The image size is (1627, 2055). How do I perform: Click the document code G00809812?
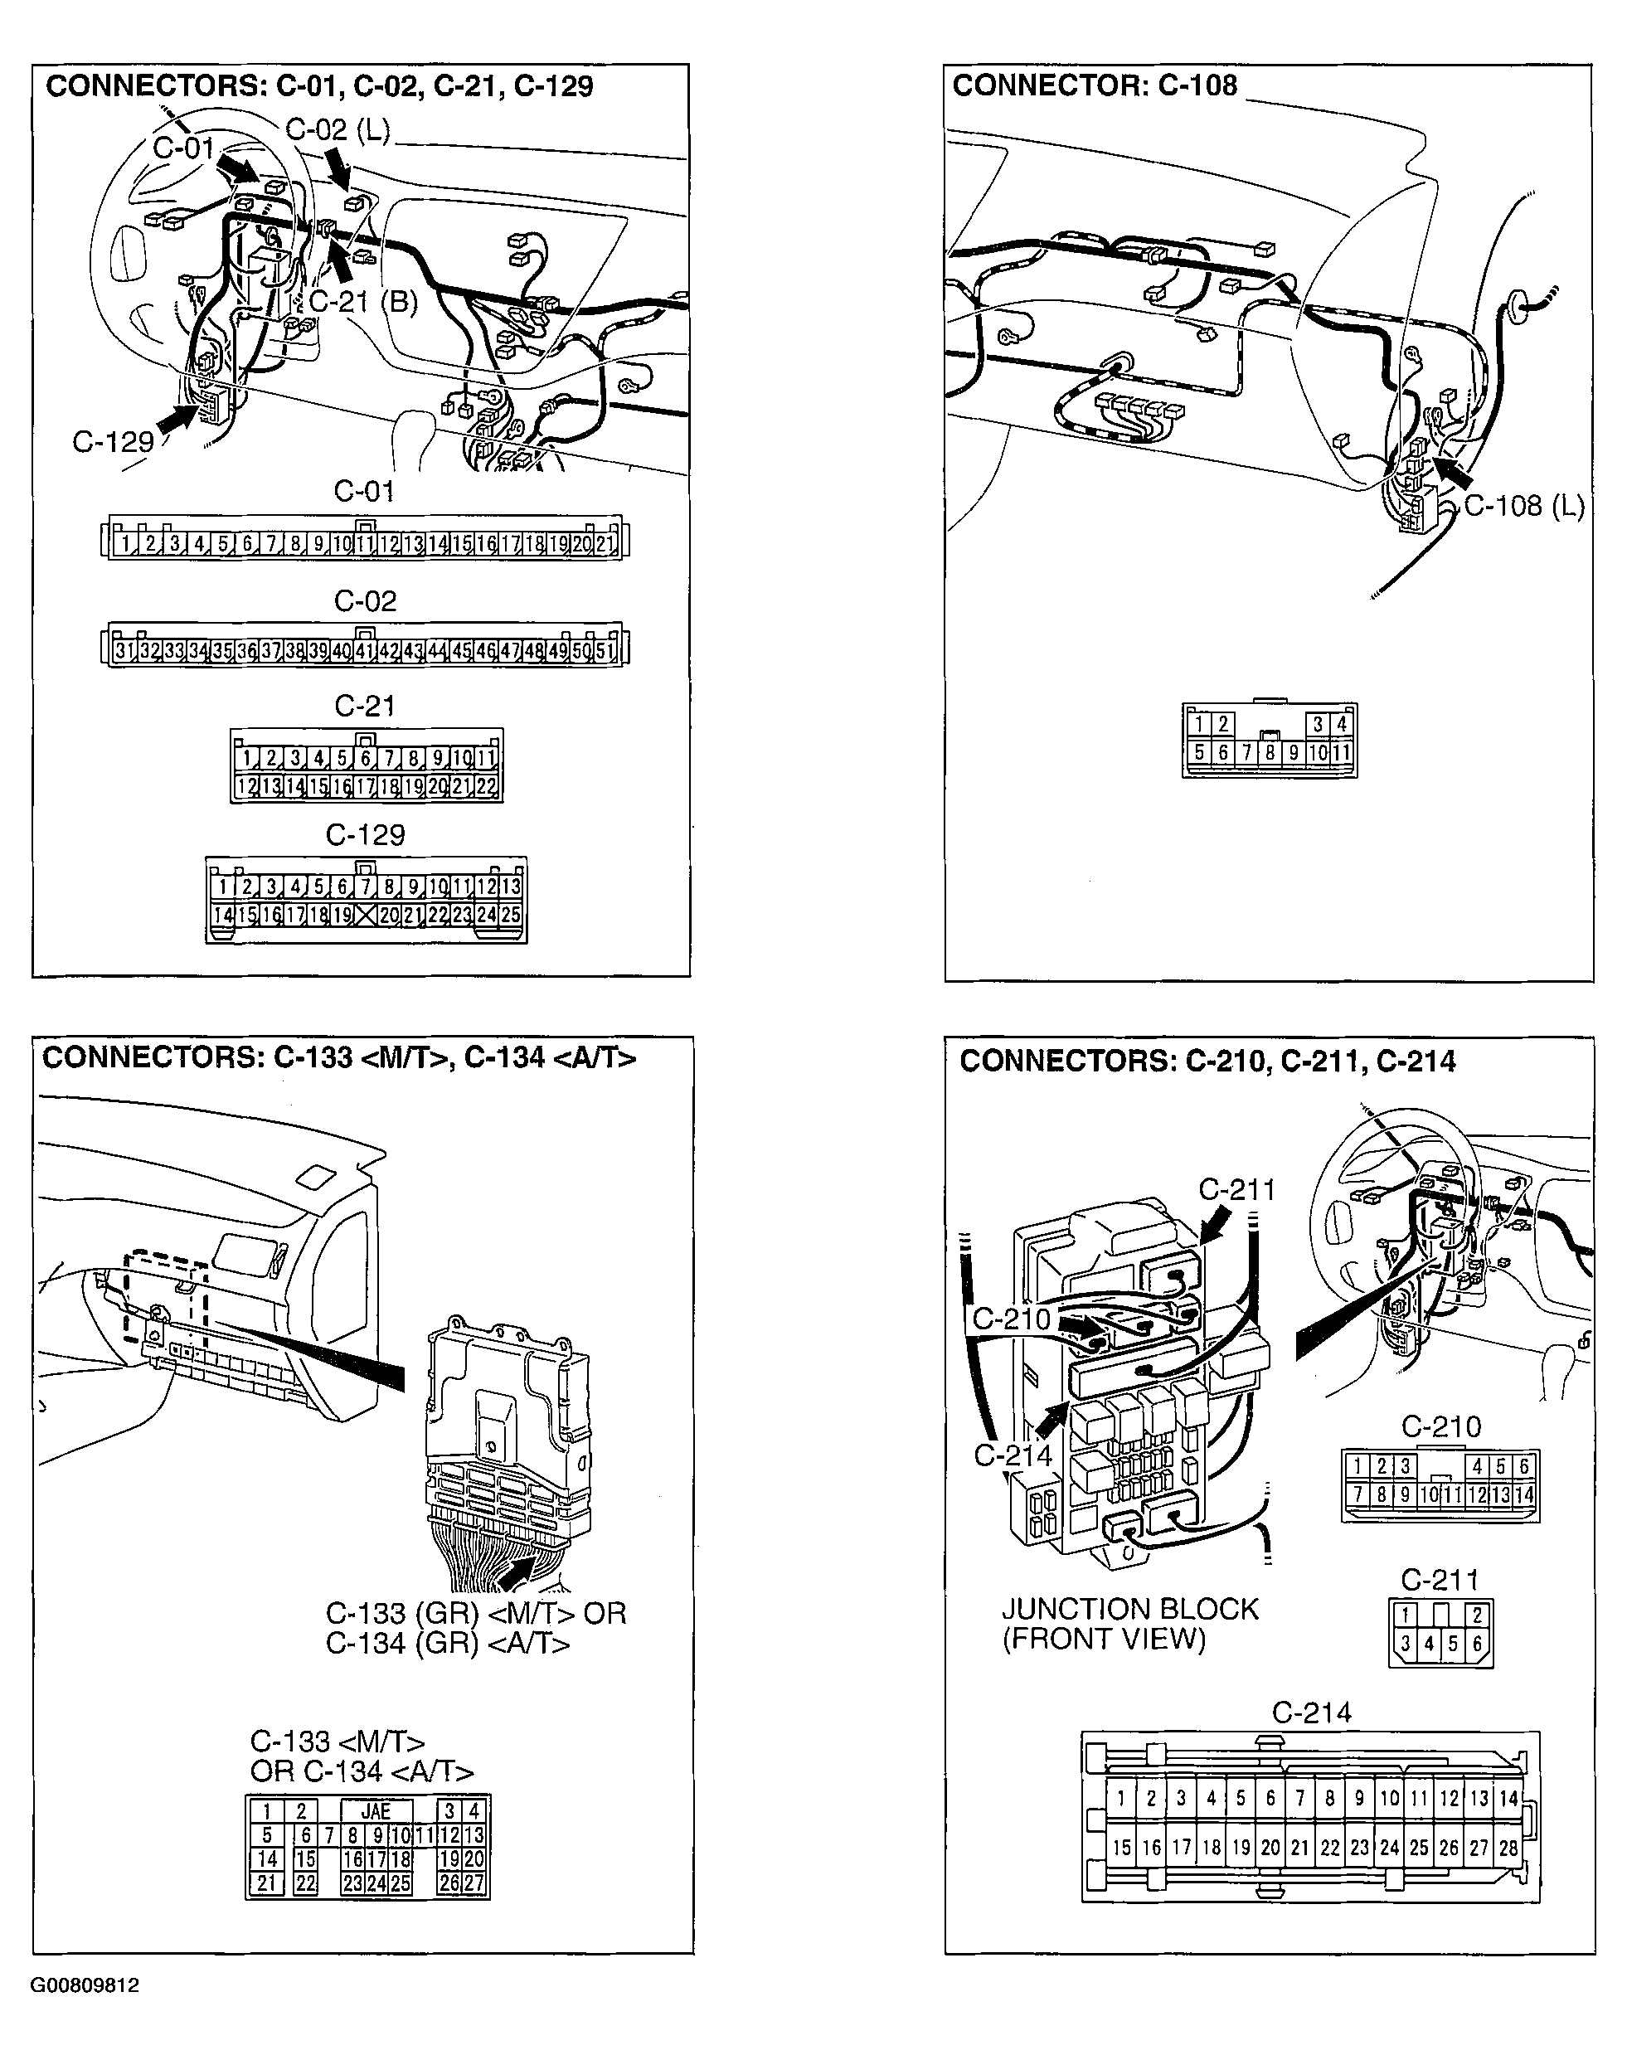pyautogui.click(x=85, y=1985)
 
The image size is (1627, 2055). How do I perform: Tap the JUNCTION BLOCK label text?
pyautogui.click(x=1129, y=1609)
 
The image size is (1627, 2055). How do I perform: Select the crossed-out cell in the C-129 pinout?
pyautogui.click(x=366, y=916)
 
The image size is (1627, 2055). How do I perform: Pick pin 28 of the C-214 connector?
pyautogui.click(x=1508, y=1848)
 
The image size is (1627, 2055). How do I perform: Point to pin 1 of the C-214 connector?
pyautogui.click(x=1121, y=1798)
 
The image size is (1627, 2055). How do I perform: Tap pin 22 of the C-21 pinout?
pyautogui.click(x=486, y=787)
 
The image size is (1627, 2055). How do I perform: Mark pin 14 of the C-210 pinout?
pyautogui.click(x=1524, y=1494)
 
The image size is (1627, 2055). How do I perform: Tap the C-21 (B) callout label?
pyautogui.click(x=364, y=301)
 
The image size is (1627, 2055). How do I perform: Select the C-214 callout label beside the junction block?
pyautogui.click(x=1013, y=1455)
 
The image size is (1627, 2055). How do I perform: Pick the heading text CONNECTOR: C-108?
pyautogui.click(x=1095, y=85)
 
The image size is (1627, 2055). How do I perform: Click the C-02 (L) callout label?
pyautogui.click(x=338, y=129)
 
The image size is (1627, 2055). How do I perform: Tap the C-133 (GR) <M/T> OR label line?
pyautogui.click(x=475, y=1614)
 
